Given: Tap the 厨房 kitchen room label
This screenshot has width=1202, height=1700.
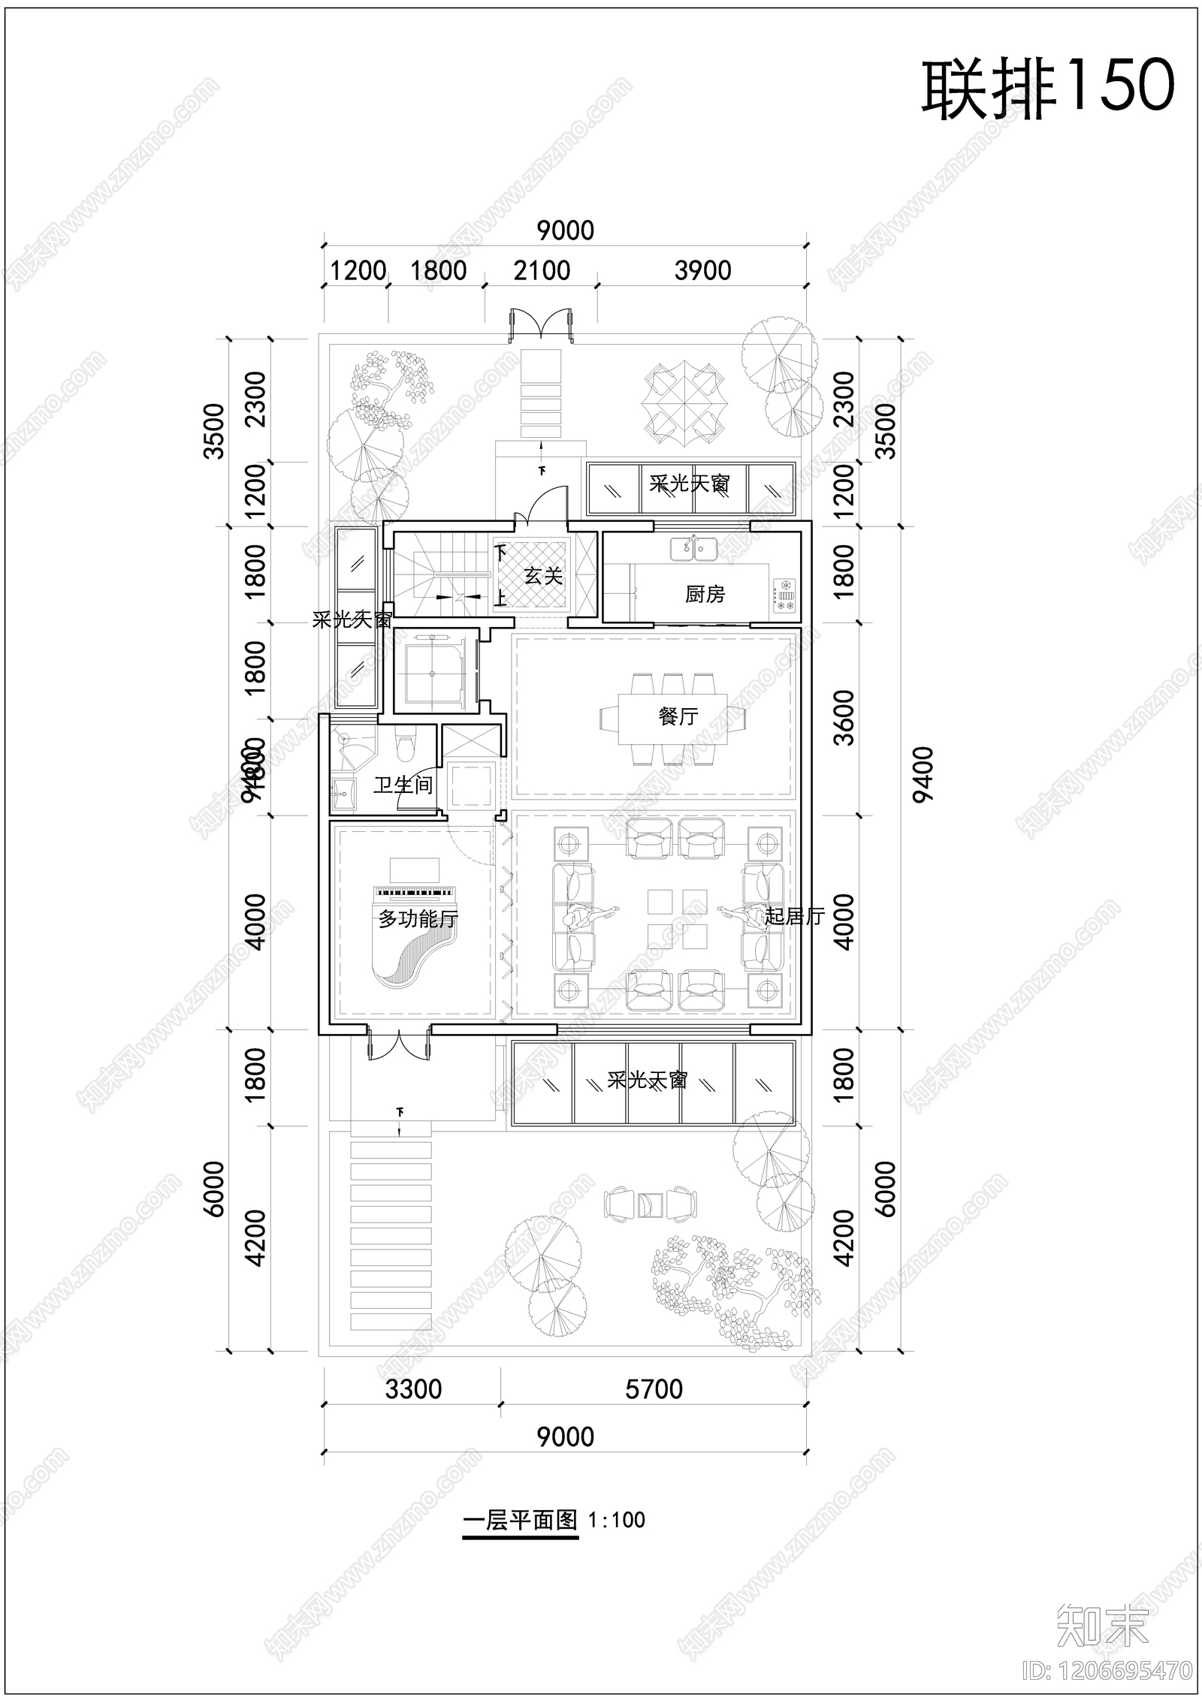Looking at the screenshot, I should [x=705, y=595].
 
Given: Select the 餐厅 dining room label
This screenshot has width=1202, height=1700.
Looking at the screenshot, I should [x=678, y=716].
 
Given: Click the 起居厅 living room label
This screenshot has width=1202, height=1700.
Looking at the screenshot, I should [x=794, y=916].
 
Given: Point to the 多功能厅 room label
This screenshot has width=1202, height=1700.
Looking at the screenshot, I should [x=418, y=918].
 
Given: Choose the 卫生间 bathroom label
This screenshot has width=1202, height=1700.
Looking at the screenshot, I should [x=403, y=785].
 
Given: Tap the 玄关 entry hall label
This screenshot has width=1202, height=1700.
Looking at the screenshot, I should [x=542, y=576].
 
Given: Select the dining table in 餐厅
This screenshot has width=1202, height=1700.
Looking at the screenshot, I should [x=673, y=717].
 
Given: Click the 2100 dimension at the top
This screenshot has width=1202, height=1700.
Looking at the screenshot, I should [x=542, y=270].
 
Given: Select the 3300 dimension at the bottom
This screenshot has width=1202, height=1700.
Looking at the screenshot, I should [x=413, y=1389].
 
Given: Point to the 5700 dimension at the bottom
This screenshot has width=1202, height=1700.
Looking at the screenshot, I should [x=654, y=1389].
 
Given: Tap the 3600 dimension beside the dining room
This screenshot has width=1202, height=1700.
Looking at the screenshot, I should [x=844, y=717].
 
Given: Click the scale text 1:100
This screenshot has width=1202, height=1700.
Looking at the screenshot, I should [x=617, y=1521].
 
